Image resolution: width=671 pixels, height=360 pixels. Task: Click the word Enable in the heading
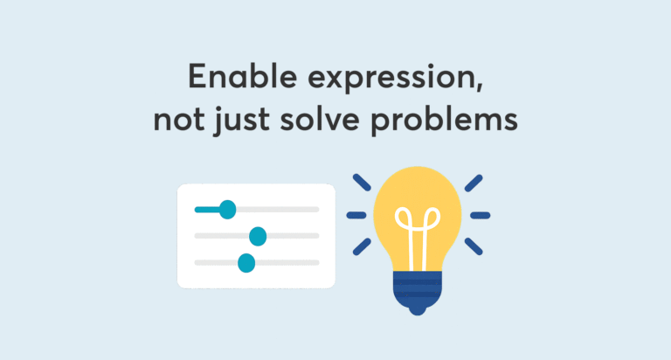243,76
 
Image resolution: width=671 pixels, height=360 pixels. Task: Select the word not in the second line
179,119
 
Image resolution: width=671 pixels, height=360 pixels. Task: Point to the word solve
320,118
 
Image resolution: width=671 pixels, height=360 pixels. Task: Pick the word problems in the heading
444,120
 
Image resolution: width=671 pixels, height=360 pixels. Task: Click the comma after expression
479,86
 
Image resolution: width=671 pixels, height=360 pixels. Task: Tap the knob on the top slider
228,210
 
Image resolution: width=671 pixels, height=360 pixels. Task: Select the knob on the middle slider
258,236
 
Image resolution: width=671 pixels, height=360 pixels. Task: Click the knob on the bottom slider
246,263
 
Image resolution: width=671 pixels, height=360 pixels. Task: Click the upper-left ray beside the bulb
362,183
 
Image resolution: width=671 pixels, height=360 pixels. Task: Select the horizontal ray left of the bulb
356,215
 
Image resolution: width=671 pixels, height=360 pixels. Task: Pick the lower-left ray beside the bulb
362,247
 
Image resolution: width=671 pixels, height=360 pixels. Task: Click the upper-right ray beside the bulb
474,183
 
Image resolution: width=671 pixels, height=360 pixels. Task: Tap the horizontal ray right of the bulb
481,215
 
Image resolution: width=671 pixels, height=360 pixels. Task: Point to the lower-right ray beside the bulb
474,246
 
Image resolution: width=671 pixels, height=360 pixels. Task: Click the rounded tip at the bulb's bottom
418,311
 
